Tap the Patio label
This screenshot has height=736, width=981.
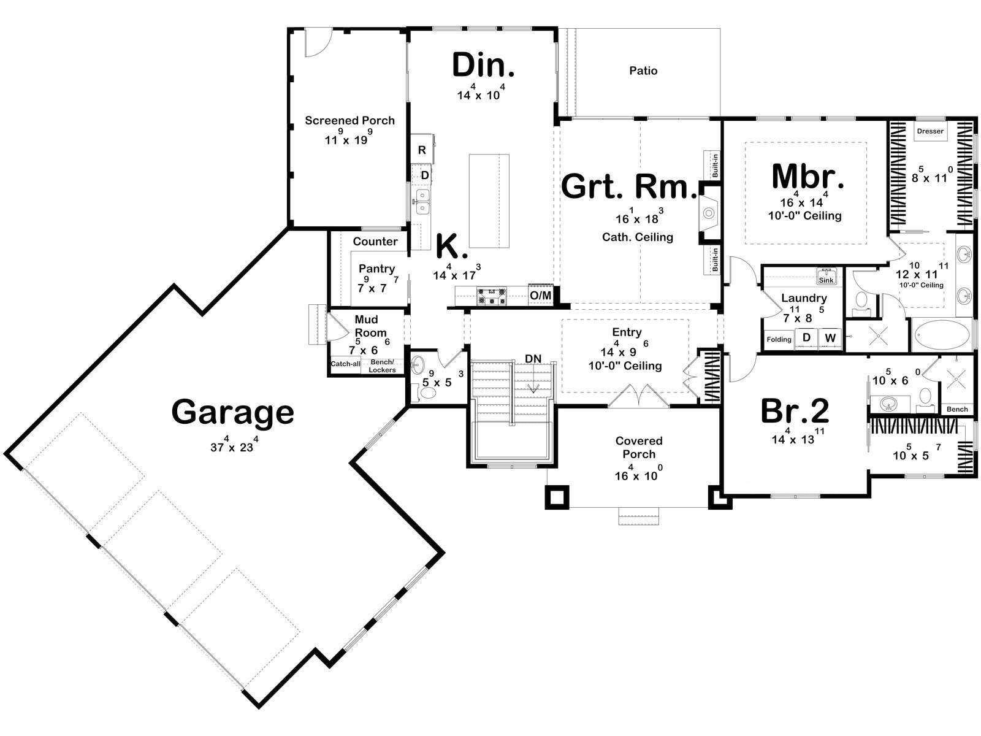643,71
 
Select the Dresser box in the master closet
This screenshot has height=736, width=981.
930,131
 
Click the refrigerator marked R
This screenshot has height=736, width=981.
422,149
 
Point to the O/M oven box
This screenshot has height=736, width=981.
540,295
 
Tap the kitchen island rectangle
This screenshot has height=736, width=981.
489,201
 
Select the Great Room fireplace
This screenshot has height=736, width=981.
709,213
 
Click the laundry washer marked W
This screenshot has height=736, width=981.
830,338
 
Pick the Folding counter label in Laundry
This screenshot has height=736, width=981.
779,339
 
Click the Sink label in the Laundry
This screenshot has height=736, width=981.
826,280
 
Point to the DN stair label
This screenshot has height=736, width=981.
533,358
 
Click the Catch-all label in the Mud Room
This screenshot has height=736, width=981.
345,364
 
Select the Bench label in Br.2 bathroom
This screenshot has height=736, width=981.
957,409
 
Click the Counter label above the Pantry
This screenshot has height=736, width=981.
375,241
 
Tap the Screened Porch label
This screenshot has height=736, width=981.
349,120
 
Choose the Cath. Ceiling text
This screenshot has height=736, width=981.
637,237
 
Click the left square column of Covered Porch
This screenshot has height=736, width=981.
557,496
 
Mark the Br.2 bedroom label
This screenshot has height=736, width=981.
795,411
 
